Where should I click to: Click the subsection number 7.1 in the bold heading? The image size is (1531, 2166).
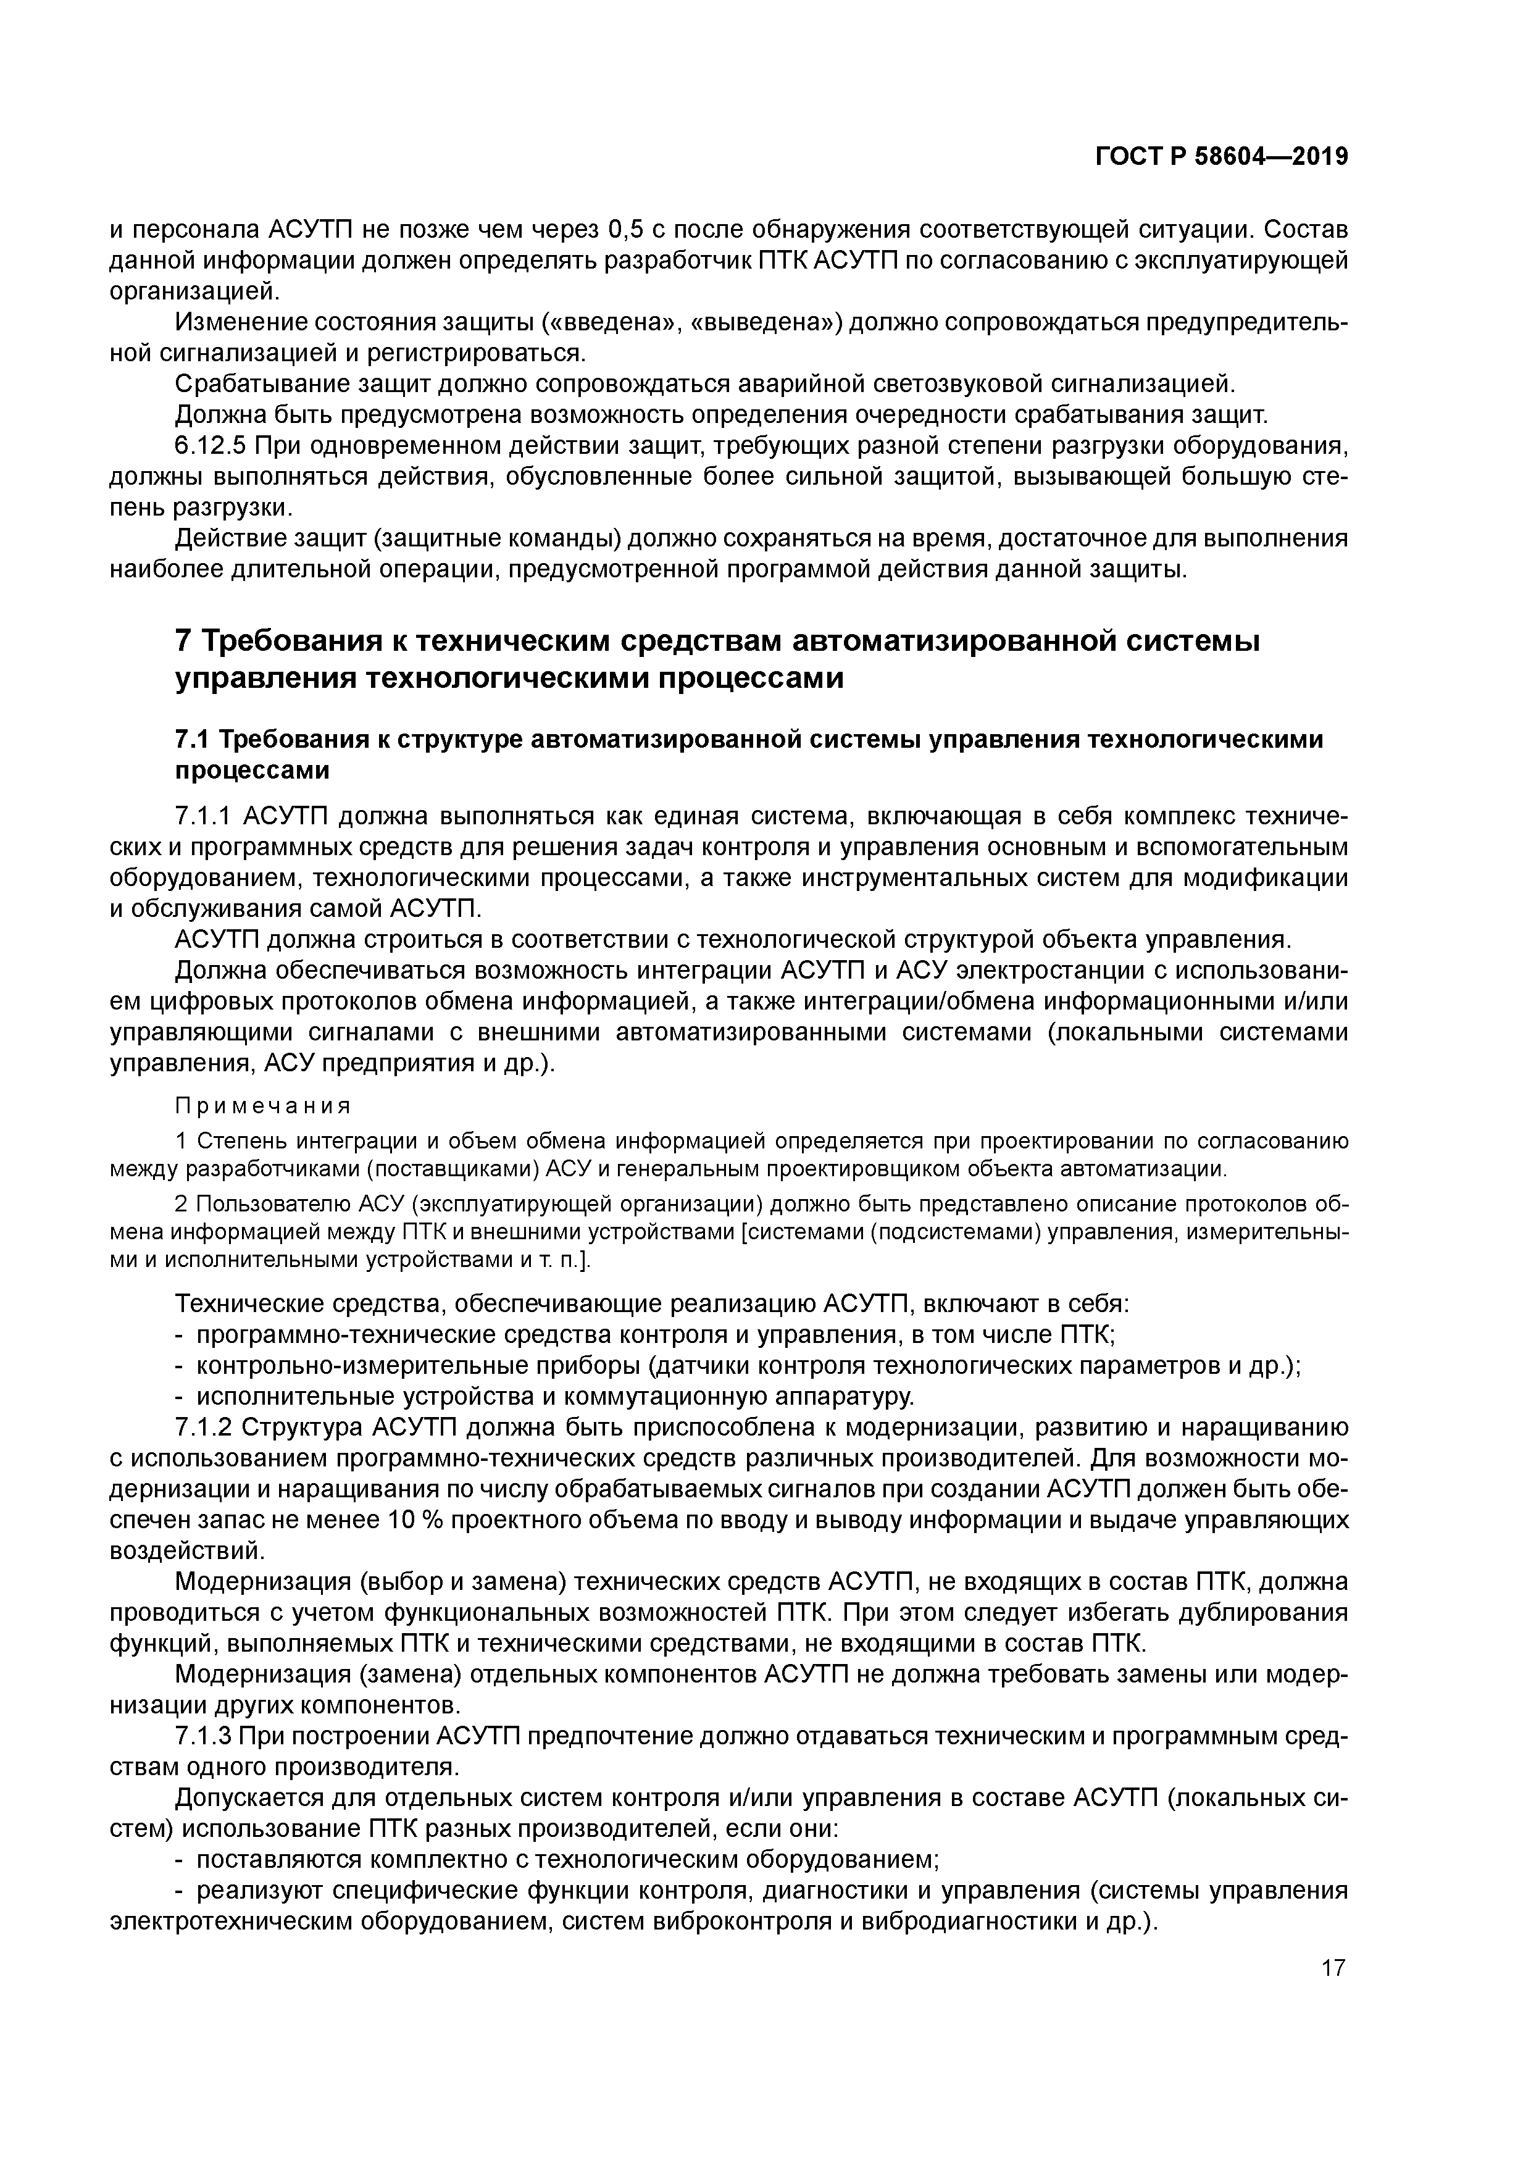[x=193, y=740]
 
